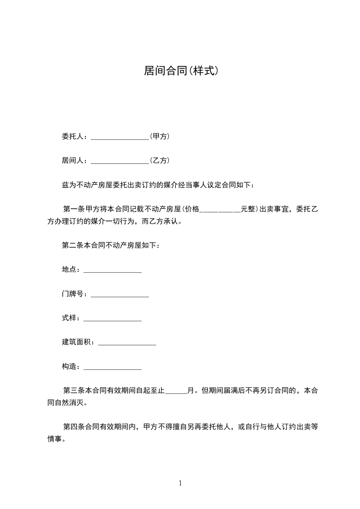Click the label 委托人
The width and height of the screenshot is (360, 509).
click(x=73, y=136)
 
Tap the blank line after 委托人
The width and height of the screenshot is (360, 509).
click(x=120, y=137)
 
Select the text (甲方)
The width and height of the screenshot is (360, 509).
click(x=159, y=136)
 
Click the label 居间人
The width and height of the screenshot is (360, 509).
click(x=73, y=160)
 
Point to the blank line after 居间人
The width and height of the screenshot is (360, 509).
click(x=120, y=162)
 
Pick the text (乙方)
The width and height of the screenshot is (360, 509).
click(x=159, y=160)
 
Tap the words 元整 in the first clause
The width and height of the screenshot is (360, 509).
click(x=247, y=209)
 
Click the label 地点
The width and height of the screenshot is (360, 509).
click(x=69, y=269)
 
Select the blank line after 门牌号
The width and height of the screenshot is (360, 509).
click(x=120, y=295)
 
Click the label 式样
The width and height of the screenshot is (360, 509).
click(x=69, y=318)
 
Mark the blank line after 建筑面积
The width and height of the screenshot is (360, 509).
click(x=127, y=343)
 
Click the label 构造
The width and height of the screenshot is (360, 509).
click(x=69, y=366)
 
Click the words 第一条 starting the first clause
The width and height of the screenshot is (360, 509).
click(x=73, y=209)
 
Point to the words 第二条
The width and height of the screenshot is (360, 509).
click(x=73, y=245)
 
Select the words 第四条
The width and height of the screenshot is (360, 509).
click(x=73, y=426)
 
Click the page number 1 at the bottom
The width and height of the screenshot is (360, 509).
click(x=180, y=483)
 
